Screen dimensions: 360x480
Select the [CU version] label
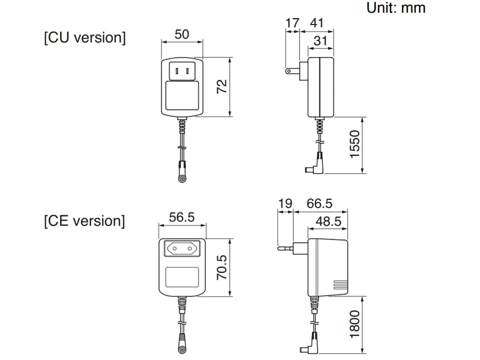point(85,38)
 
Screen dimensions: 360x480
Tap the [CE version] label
point(85,221)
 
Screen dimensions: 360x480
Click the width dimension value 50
point(181,34)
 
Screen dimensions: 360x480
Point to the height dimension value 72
point(222,86)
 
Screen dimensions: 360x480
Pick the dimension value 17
point(292,23)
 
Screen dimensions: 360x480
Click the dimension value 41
point(317,23)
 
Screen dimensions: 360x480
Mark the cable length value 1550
point(355,145)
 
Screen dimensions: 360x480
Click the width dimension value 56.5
point(181,217)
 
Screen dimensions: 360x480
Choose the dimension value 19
point(285,204)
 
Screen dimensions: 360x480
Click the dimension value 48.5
point(328,221)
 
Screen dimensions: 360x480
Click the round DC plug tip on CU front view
point(182,179)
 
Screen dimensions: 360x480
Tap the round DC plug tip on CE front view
point(182,349)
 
